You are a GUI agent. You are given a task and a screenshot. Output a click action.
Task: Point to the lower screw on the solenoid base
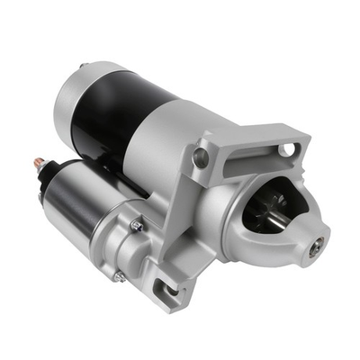pyautogui.click(x=119, y=276)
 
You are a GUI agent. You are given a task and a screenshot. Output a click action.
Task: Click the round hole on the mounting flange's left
pyautogui.click(x=201, y=158)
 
